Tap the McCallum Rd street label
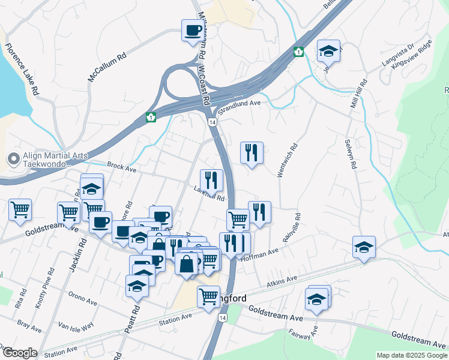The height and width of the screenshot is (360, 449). tap(107, 67)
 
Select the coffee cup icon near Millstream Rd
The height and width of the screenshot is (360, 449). tap(193, 30)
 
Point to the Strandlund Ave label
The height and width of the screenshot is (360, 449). tap(240, 106)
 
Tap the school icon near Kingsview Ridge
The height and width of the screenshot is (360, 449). tap(328, 52)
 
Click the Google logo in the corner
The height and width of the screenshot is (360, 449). tap(19, 353)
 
